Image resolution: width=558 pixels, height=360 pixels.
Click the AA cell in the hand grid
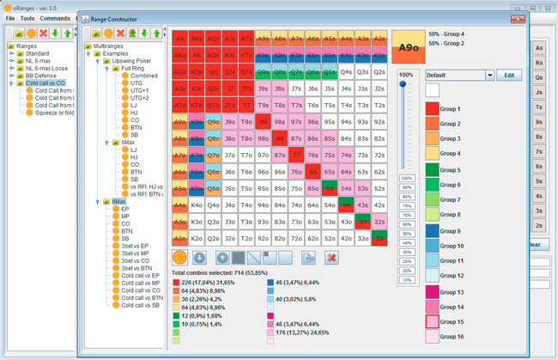tap(180, 39)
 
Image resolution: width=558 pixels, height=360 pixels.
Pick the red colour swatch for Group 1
tap(435, 109)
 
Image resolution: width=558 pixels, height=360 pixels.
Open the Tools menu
tap(27, 17)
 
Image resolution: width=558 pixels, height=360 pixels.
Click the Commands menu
tap(55, 17)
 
